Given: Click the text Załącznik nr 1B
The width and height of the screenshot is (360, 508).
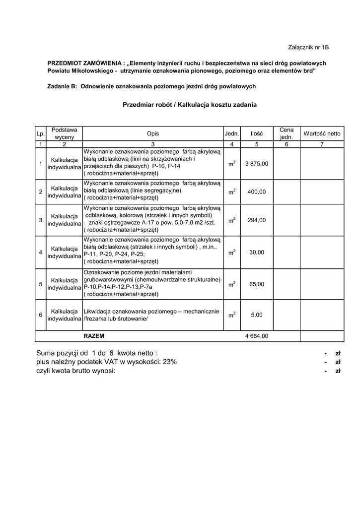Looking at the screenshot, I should pos(308,47).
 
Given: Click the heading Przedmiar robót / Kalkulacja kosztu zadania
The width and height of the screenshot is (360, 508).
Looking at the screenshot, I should pos(190,105).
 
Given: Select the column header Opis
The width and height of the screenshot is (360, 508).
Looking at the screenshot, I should pos(153,133).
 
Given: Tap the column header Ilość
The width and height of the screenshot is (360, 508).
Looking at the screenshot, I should pos(257,133).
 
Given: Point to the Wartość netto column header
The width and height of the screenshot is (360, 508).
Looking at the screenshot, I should pos(322,133).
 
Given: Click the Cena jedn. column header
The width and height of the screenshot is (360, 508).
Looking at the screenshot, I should pos(287,133).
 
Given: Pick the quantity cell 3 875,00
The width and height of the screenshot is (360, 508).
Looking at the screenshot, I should pos(257,163).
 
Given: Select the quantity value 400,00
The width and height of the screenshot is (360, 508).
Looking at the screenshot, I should pos(257,191).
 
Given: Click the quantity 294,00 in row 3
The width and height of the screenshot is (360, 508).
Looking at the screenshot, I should pos(257,220).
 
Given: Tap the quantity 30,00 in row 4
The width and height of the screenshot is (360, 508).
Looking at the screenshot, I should pos(257,253).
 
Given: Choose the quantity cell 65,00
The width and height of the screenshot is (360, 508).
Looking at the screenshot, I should pos(257,284).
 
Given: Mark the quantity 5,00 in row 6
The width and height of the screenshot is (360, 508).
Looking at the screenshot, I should pos(257,315).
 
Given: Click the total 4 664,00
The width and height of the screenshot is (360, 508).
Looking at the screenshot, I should pos(257,336).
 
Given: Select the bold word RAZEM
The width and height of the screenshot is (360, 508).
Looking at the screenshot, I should pos(94,336).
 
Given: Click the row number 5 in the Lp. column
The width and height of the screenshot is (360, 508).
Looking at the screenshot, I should pos(40,284).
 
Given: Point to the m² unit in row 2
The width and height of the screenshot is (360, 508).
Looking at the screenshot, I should pos(232,191).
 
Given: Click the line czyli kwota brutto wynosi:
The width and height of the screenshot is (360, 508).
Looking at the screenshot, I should pos(75,371).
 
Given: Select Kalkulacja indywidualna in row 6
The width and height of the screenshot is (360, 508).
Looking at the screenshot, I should pos(64,315).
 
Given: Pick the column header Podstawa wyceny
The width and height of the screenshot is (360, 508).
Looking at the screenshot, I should pos(64,133).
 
